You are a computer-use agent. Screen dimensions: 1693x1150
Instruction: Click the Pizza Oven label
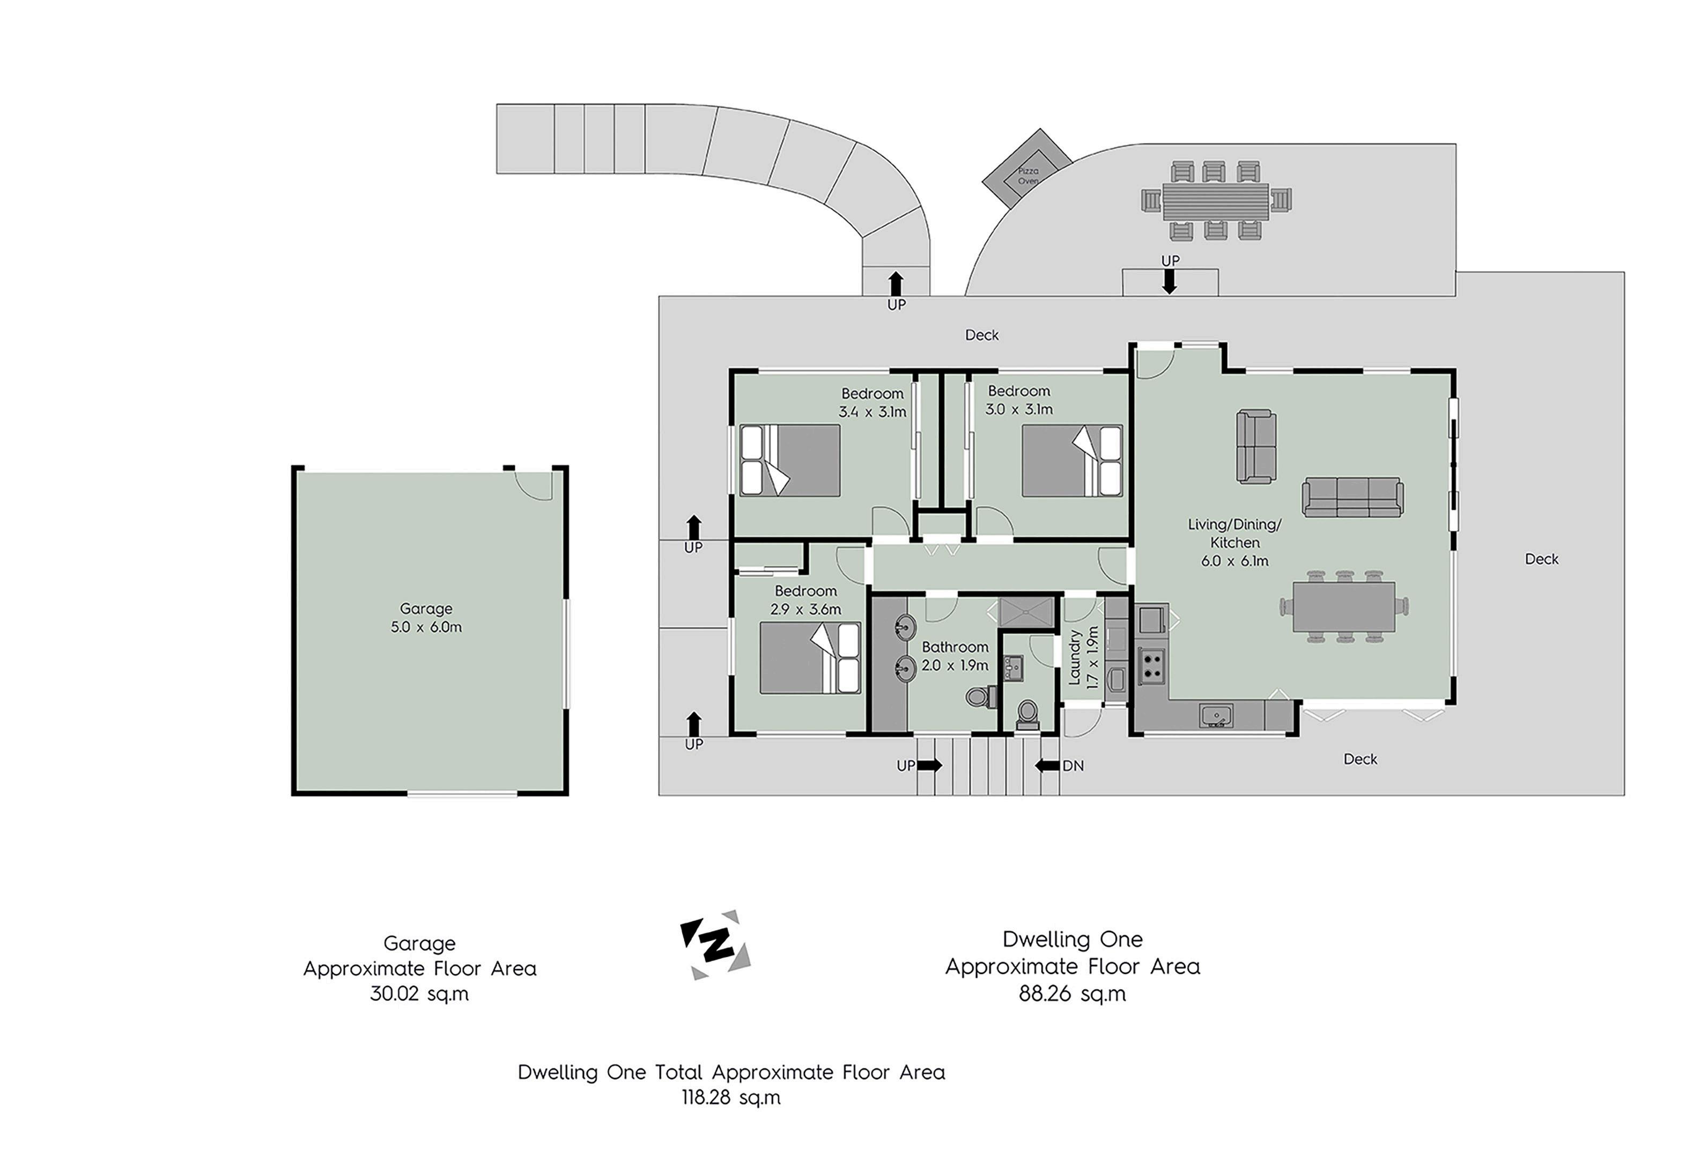tap(1028, 175)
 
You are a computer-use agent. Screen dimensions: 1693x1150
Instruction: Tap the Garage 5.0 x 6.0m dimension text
tap(426, 627)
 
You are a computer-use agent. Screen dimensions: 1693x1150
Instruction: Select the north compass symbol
tap(715, 944)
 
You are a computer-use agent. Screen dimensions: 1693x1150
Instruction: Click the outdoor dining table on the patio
tap(1215, 201)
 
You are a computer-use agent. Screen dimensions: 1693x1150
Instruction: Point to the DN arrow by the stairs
tap(1047, 766)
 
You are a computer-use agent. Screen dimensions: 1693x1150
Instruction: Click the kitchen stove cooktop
tap(1151, 665)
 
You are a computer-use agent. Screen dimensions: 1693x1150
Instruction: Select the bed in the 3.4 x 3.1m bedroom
tap(790, 460)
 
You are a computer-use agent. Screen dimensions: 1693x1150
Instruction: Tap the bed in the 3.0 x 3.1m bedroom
tap(1071, 460)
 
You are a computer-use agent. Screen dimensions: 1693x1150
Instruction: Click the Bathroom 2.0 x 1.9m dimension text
tap(955, 665)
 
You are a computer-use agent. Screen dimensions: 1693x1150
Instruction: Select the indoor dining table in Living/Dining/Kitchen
tap(1344, 606)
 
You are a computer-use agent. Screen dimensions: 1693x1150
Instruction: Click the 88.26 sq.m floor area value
tap(1073, 994)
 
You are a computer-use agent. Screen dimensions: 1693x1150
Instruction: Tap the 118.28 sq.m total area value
tap(731, 1097)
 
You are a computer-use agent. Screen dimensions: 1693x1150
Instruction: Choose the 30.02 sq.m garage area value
tap(419, 994)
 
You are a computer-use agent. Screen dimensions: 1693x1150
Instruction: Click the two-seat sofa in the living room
tap(1256, 446)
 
